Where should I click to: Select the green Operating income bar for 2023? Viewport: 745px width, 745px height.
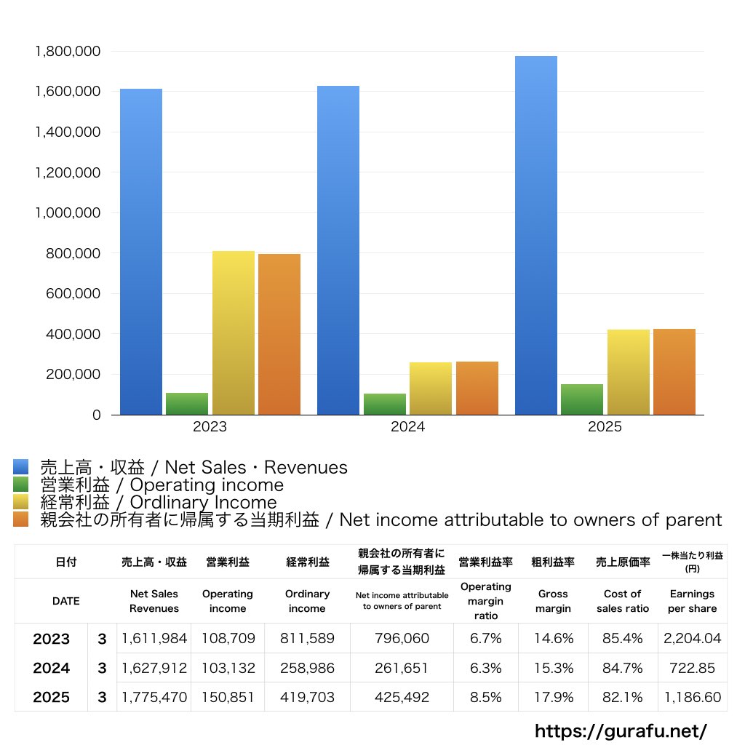[187, 404]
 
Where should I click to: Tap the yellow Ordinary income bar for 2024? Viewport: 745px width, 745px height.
[431, 389]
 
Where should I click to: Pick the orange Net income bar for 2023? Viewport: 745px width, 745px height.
[279, 334]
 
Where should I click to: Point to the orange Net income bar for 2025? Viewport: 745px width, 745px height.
[674, 372]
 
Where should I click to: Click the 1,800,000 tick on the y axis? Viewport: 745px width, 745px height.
[68, 52]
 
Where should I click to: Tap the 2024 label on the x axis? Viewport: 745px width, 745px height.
[407, 427]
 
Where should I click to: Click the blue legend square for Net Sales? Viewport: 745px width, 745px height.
[21, 467]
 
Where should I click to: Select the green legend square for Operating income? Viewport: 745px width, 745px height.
[21, 485]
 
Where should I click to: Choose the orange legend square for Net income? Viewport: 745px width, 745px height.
[21, 519]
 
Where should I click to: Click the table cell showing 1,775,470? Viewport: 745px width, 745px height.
[154, 697]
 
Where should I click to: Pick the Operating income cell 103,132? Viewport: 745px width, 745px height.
[228, 668]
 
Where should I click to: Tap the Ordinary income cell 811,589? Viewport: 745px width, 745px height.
[307, 639]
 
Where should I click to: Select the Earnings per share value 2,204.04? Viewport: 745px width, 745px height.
[692, 639]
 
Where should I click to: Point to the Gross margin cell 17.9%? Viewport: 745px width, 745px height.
[553, 697]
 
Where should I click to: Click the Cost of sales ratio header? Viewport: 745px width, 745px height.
[622, 601]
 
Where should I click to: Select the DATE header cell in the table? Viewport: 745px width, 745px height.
[65, 601]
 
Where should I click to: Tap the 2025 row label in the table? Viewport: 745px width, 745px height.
[52, 697]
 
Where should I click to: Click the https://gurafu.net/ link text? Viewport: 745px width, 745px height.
[621, 730]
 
